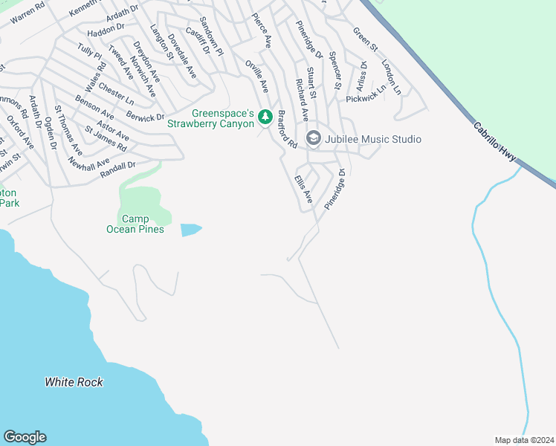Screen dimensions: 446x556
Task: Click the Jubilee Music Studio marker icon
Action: (x=313, y=139)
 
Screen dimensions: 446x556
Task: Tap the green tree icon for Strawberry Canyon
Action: (x=265, y=117)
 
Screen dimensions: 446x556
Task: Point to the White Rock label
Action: (x=74, y=382)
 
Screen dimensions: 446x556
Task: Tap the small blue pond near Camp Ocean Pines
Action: (x=190, y=230)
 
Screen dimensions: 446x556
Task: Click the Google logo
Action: (x=25, y=437)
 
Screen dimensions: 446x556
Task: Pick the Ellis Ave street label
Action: (x=303, y=190)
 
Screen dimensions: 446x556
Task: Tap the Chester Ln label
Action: (x=116, y=93)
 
